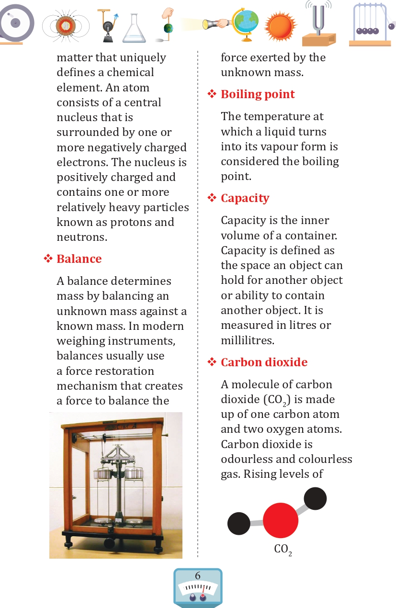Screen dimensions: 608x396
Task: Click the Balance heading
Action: pyautogui.click(x=79, y=259)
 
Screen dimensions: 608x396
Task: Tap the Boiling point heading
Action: pyautogui.click(x=258, y=94)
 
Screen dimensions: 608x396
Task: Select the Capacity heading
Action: pyautogui.click(x=245, y=198)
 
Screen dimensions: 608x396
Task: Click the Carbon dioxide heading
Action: pyautogui.click(x=264, y=362)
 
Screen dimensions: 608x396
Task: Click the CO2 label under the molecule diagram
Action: pyautogui.click(x=283, y=550)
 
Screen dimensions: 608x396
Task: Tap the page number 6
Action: pyautogui.click(x=198, y=576)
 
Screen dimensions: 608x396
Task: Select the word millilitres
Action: pyautogui.click(x=247, y=340)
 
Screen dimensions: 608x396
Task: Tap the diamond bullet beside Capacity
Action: pyautogui.click(x=212, y=198)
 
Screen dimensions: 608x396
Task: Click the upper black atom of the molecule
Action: pyautogui.click(x=315, y=499)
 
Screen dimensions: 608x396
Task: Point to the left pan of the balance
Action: pyautogui.click(x=101, y=474)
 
